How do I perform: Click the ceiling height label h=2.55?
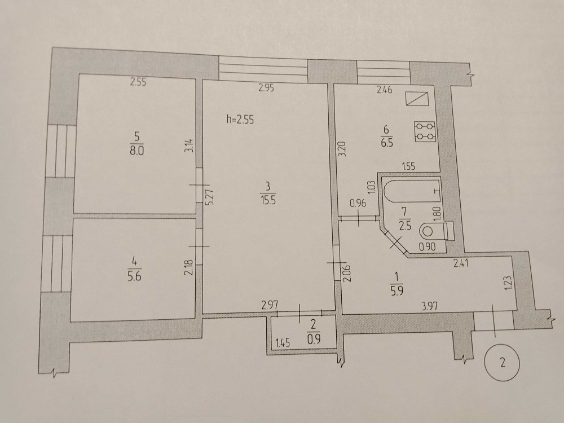(240, 119)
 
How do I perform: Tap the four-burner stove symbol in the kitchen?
(425, 131)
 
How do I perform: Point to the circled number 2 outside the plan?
(503, 362)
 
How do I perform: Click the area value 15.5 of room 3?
(268, 200)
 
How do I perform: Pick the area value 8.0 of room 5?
(136, 151)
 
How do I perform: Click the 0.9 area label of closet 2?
(314, 339)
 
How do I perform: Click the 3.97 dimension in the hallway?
(430, 306)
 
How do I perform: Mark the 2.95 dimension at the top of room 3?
(266, 87)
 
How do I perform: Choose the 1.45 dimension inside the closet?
(283, 343)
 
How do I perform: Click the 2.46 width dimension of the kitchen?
(385, 90)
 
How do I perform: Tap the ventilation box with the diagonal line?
(417, 99)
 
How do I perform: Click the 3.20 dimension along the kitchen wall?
(342, 148)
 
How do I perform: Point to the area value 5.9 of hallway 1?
(396, 290)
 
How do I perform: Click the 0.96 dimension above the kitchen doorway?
(358, 203)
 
